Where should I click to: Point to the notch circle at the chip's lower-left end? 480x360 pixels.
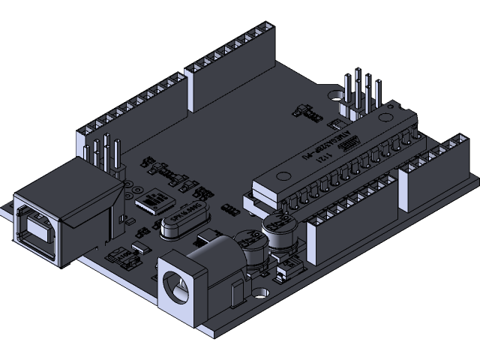pos(281,178)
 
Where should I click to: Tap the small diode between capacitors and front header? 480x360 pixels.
pos(285,271)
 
